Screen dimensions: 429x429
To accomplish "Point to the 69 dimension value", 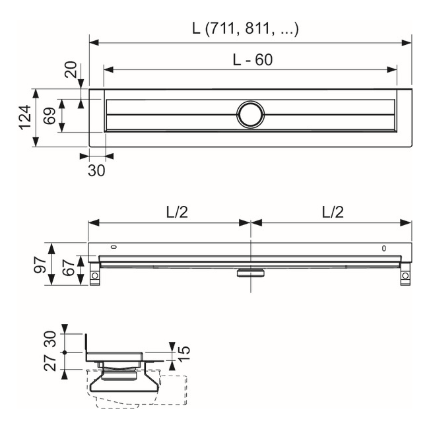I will click(49, 116).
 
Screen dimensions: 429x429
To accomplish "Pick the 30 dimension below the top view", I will click(96, 170).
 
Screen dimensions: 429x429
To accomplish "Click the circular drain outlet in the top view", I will click(250, 114).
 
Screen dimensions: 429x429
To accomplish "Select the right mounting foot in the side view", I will click(405, 276).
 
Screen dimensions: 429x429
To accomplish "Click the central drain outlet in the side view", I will click(250, 271).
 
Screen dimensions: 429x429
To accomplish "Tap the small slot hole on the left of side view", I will click(114, 248).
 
